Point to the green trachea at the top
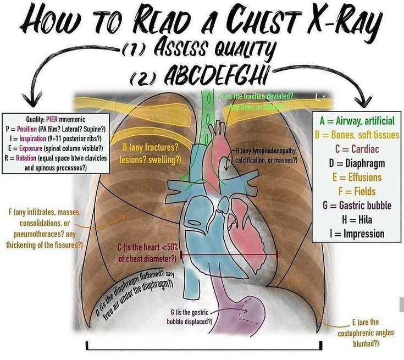coord(208,110)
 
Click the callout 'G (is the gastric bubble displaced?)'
coord(189,317)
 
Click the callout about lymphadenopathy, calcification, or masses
coord(266,155)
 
